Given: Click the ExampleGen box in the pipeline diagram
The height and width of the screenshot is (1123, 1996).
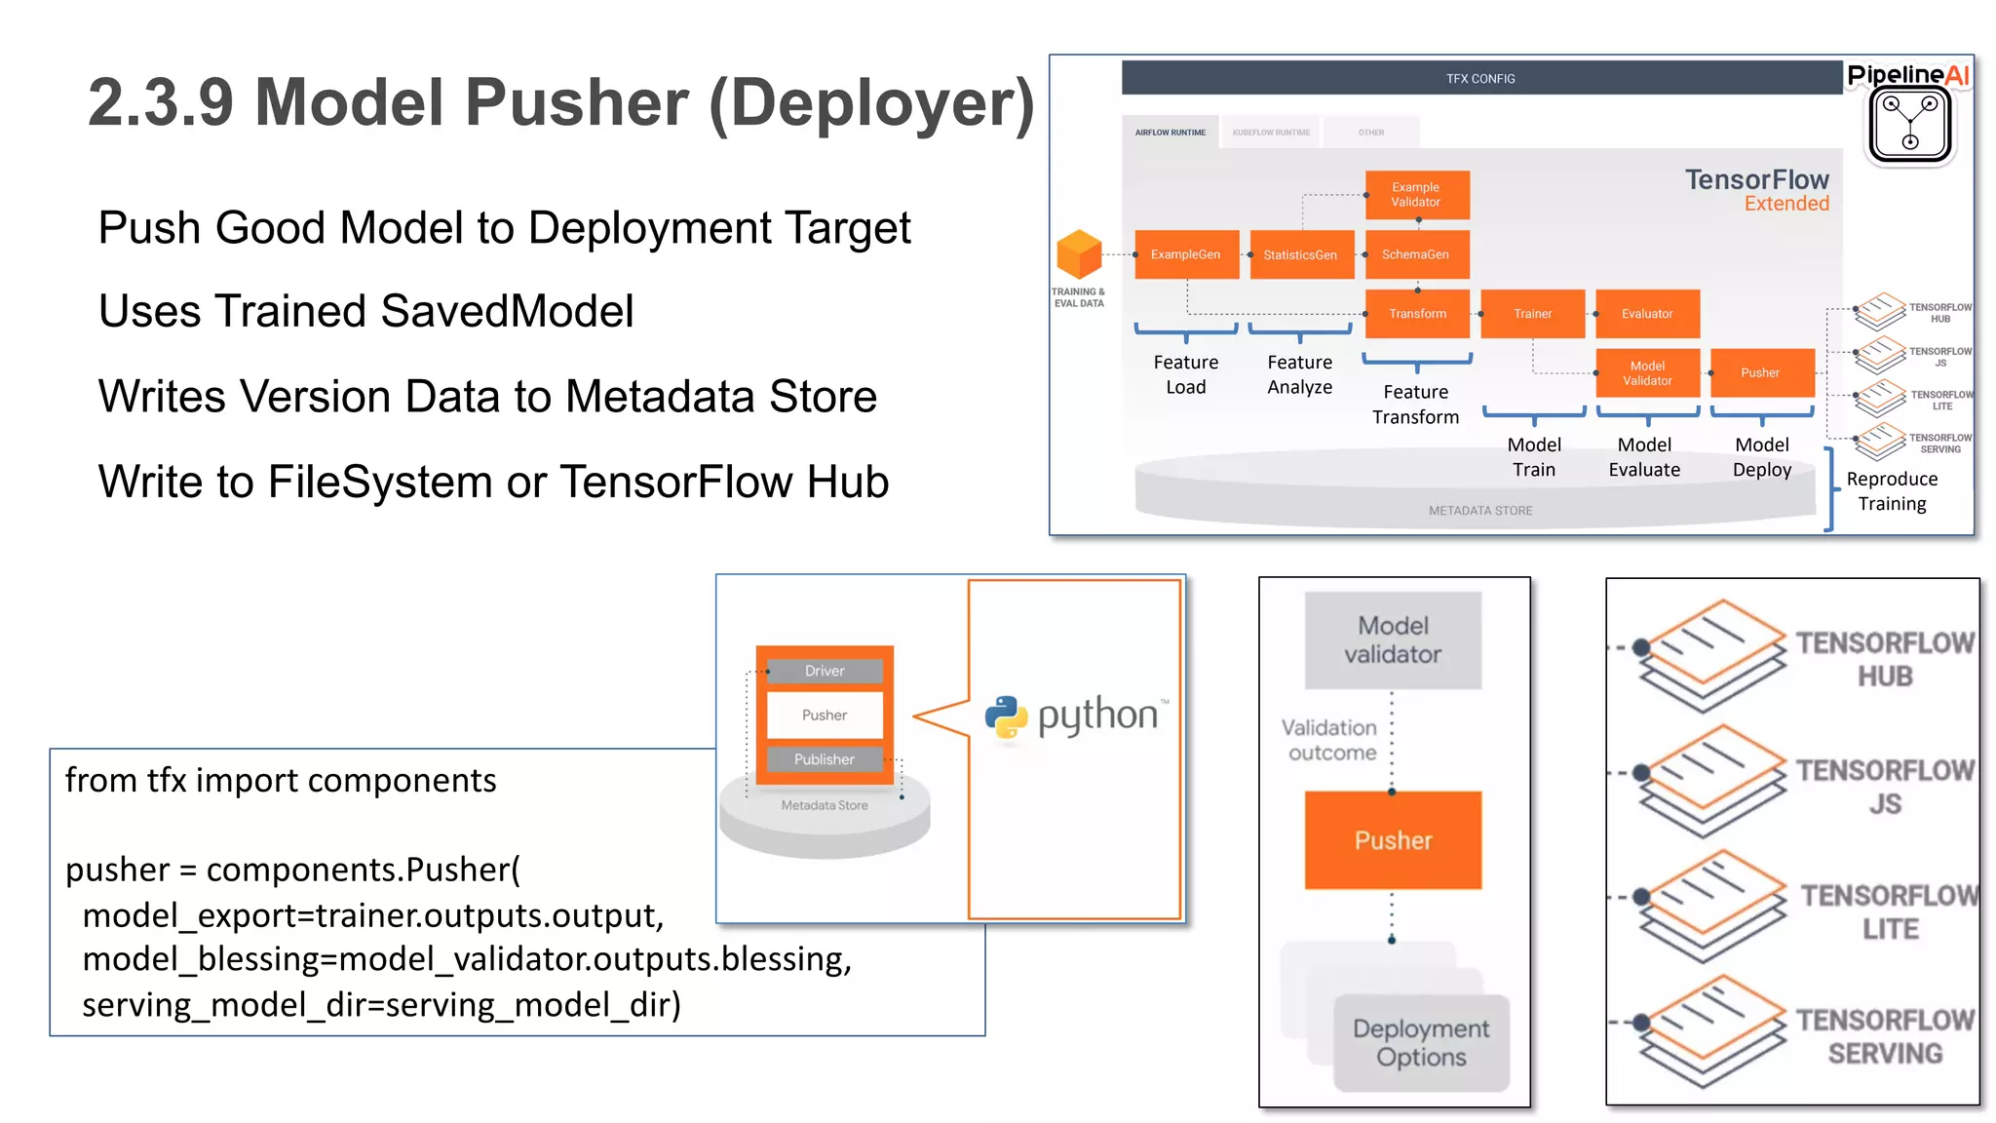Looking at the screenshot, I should click(x=1186, y=254).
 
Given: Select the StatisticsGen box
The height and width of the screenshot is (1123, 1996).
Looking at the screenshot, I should click(x=1301, y=254).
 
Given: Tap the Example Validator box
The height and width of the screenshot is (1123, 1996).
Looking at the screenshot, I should click(x=1416, y=194).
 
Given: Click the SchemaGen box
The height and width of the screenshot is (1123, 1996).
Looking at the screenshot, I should click(x=1416, y=254).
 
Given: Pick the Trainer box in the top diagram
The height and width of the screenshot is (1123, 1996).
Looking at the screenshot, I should click(x=1532, y=314).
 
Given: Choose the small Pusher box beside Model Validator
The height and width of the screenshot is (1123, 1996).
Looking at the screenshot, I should click(x=1761, y=372).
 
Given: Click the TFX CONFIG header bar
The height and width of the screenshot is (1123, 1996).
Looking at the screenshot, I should click(x=1480, y=78).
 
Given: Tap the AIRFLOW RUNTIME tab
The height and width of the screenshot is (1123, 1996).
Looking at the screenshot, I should click(x=1170, y=133).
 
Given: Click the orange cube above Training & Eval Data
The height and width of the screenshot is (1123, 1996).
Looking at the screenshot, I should click(x=1079, y=254).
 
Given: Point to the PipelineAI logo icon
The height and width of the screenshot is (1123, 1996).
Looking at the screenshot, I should click(x=1909, y=125).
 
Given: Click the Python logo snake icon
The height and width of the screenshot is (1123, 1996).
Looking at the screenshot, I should click(x=1006, y=717).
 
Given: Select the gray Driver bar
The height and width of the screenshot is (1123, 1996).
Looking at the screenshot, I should click(x=825, y=671).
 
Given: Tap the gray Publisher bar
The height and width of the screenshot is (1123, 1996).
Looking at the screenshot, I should click(x=825, y=759).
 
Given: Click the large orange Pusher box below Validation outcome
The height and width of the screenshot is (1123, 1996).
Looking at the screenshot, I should click(x=1393, y=840).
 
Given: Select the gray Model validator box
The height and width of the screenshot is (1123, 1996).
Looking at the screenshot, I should click(x=1393, y=640).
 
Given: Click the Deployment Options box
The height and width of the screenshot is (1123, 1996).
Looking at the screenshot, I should click(x=1421, y=1042).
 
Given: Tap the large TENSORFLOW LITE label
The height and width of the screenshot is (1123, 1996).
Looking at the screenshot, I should click(x=1889, y=911).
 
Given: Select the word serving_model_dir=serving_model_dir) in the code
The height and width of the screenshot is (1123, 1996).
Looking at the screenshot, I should click(x=381, y=1004).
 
